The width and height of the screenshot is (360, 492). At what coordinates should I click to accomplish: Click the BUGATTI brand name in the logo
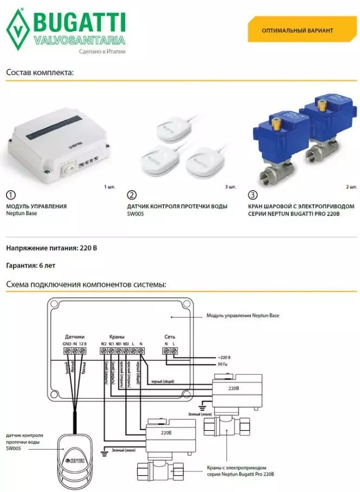tap(80, 22)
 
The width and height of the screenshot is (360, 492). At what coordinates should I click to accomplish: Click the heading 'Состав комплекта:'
tap(40, 72)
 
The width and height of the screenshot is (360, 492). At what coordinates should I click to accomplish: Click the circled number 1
tap(10, 195)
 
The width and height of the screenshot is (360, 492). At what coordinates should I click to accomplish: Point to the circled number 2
tap(131, 195)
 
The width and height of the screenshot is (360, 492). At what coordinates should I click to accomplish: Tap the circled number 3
tap(251, 195)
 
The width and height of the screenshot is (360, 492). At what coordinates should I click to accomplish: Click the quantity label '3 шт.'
tap(230, 187)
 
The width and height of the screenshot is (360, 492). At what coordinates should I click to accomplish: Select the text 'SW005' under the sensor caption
tap(137, 214)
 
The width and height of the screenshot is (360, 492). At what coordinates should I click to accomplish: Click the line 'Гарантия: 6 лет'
tap(31, 266)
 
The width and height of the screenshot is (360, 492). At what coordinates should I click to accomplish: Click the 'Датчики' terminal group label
tap(74, 336)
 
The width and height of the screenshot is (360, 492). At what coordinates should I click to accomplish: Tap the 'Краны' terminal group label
tap(117, 336)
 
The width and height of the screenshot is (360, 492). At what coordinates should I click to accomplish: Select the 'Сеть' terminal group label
tap(170, 336)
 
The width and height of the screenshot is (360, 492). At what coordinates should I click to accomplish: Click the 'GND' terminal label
tap(66, 344)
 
